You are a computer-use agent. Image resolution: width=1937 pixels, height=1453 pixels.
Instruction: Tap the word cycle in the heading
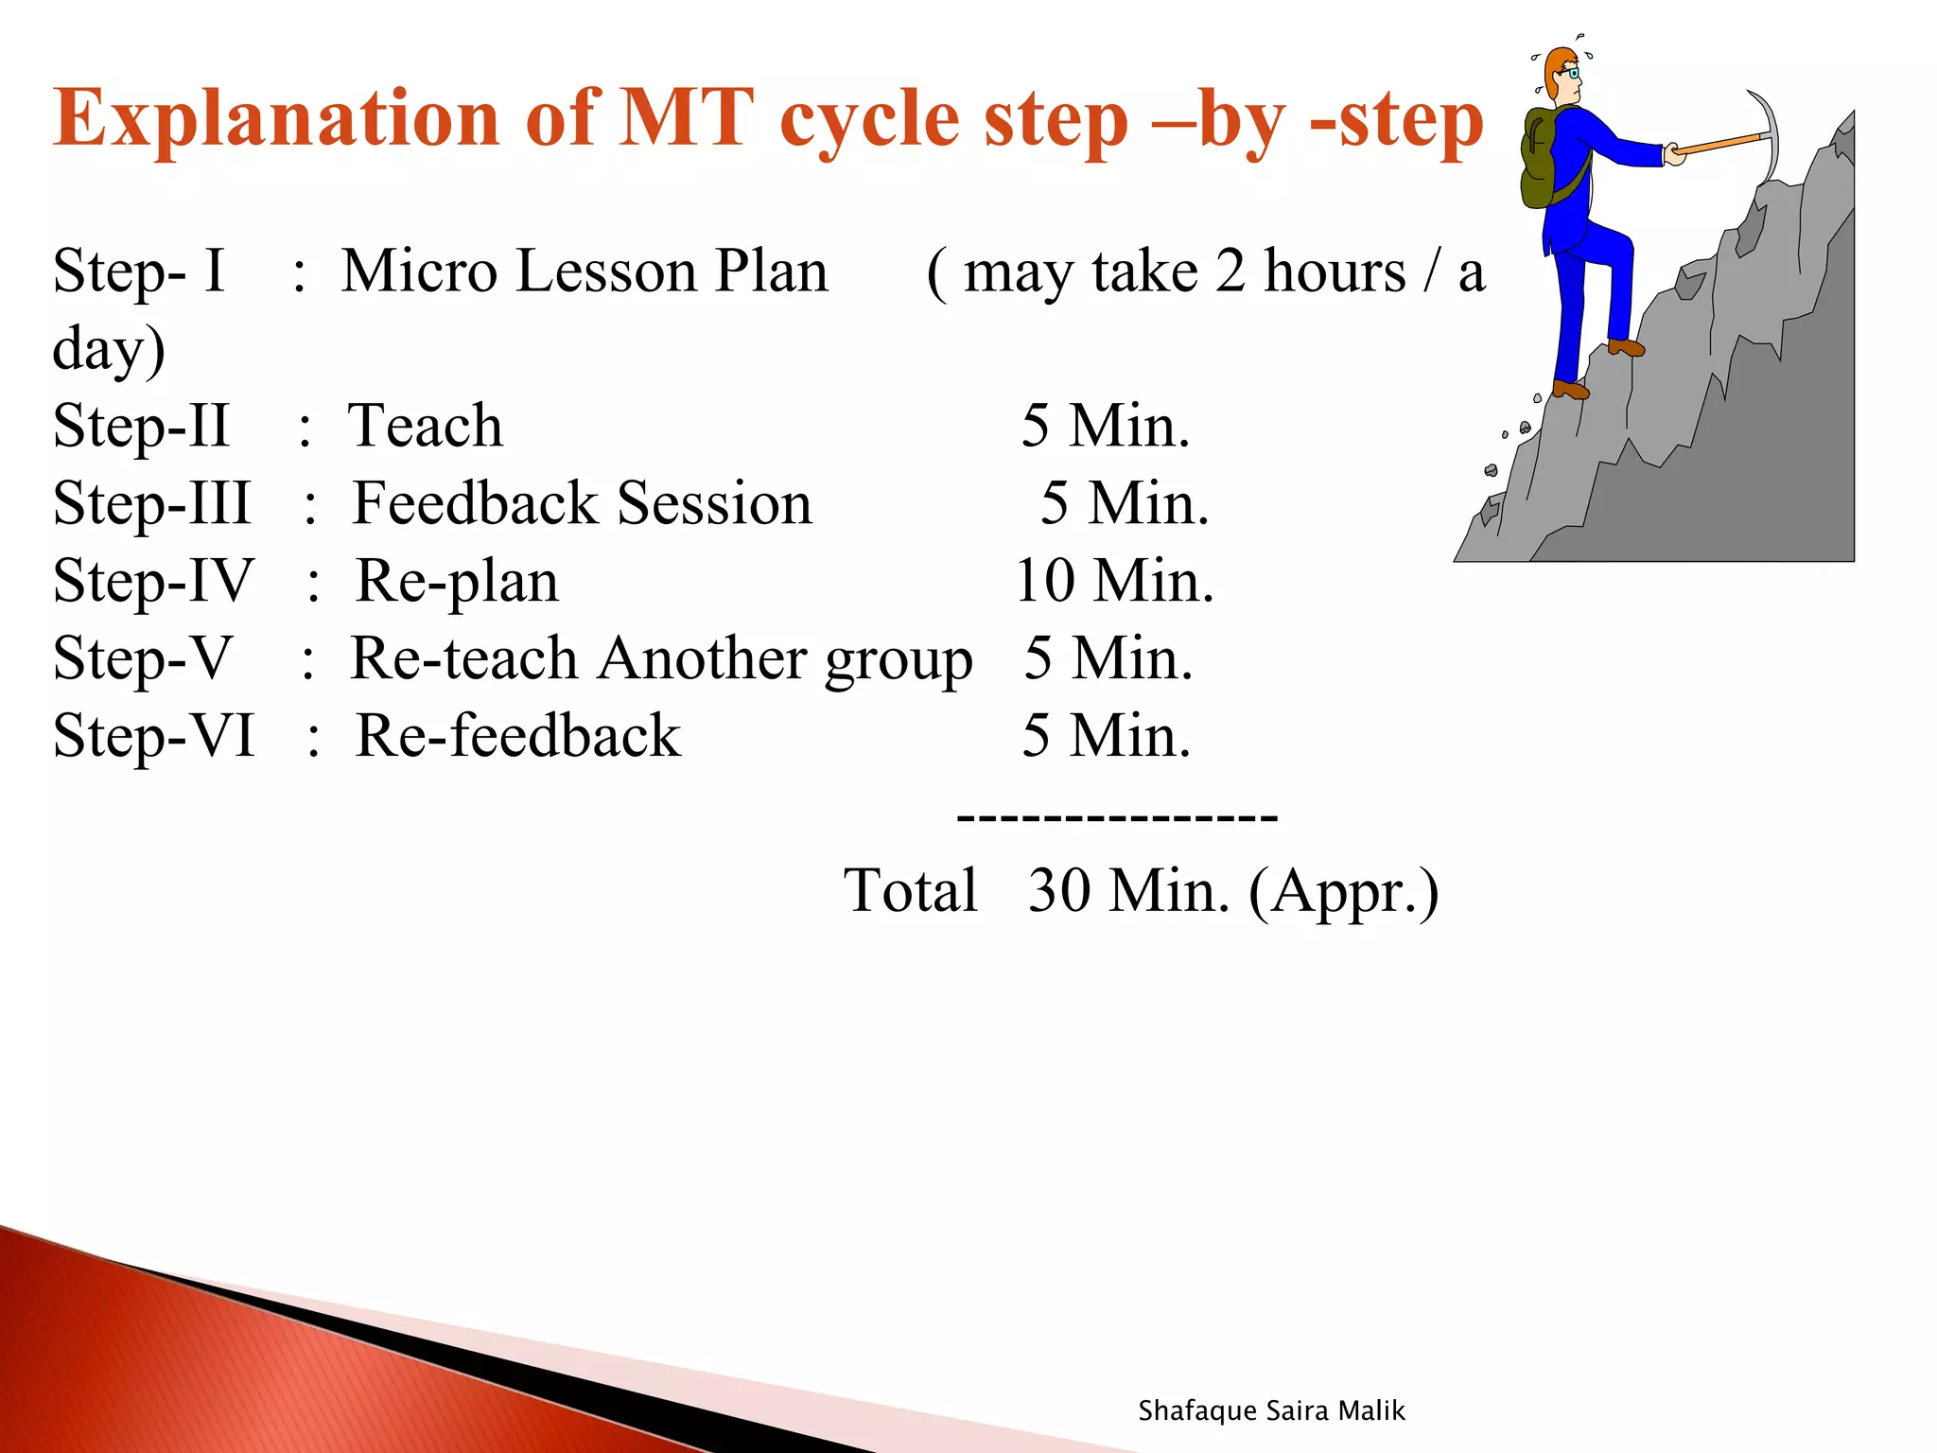[x=868, y=119]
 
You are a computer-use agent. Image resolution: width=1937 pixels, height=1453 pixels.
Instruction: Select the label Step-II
[x=141, y=426]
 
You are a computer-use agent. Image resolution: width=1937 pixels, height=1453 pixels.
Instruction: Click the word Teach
[x=425, y=426]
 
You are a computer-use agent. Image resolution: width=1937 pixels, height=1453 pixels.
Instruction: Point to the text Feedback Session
[x=582, y=503]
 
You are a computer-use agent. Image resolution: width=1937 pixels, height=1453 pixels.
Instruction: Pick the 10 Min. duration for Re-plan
[x=1113, y=581]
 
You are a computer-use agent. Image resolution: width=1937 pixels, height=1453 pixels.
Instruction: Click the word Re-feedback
[x=517, y=736]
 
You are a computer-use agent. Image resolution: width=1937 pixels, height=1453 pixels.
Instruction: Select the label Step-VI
[x=154, y=736]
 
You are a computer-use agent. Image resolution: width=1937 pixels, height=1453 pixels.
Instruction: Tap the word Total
[x=910, y=891]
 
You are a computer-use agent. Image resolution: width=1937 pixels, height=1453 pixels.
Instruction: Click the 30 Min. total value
[x=1128, y=891]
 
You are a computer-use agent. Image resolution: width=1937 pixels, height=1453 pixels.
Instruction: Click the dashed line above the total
[x=1117, y=815]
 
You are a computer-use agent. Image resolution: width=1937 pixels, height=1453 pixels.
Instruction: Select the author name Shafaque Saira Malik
[x=1271, y=1410]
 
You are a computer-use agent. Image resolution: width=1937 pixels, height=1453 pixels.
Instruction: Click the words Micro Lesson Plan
[x=584, y=272]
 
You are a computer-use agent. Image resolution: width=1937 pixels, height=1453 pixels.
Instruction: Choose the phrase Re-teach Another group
[x=660, y=658]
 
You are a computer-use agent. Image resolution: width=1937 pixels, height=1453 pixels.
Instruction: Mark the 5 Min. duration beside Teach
[x=1105, y=426]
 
